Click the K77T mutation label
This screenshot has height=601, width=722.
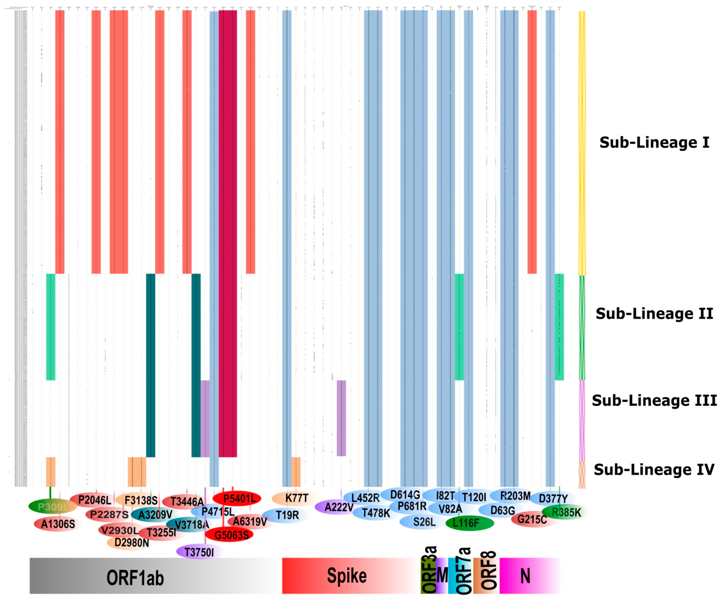click(296, 498)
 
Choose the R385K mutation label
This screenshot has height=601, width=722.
click(566, 512)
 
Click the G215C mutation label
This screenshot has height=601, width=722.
click(532, 519)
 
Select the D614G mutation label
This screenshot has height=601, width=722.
click(405, 495)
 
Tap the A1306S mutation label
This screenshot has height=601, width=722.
click(58, 524)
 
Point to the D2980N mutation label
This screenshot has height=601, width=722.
click(131, 543)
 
